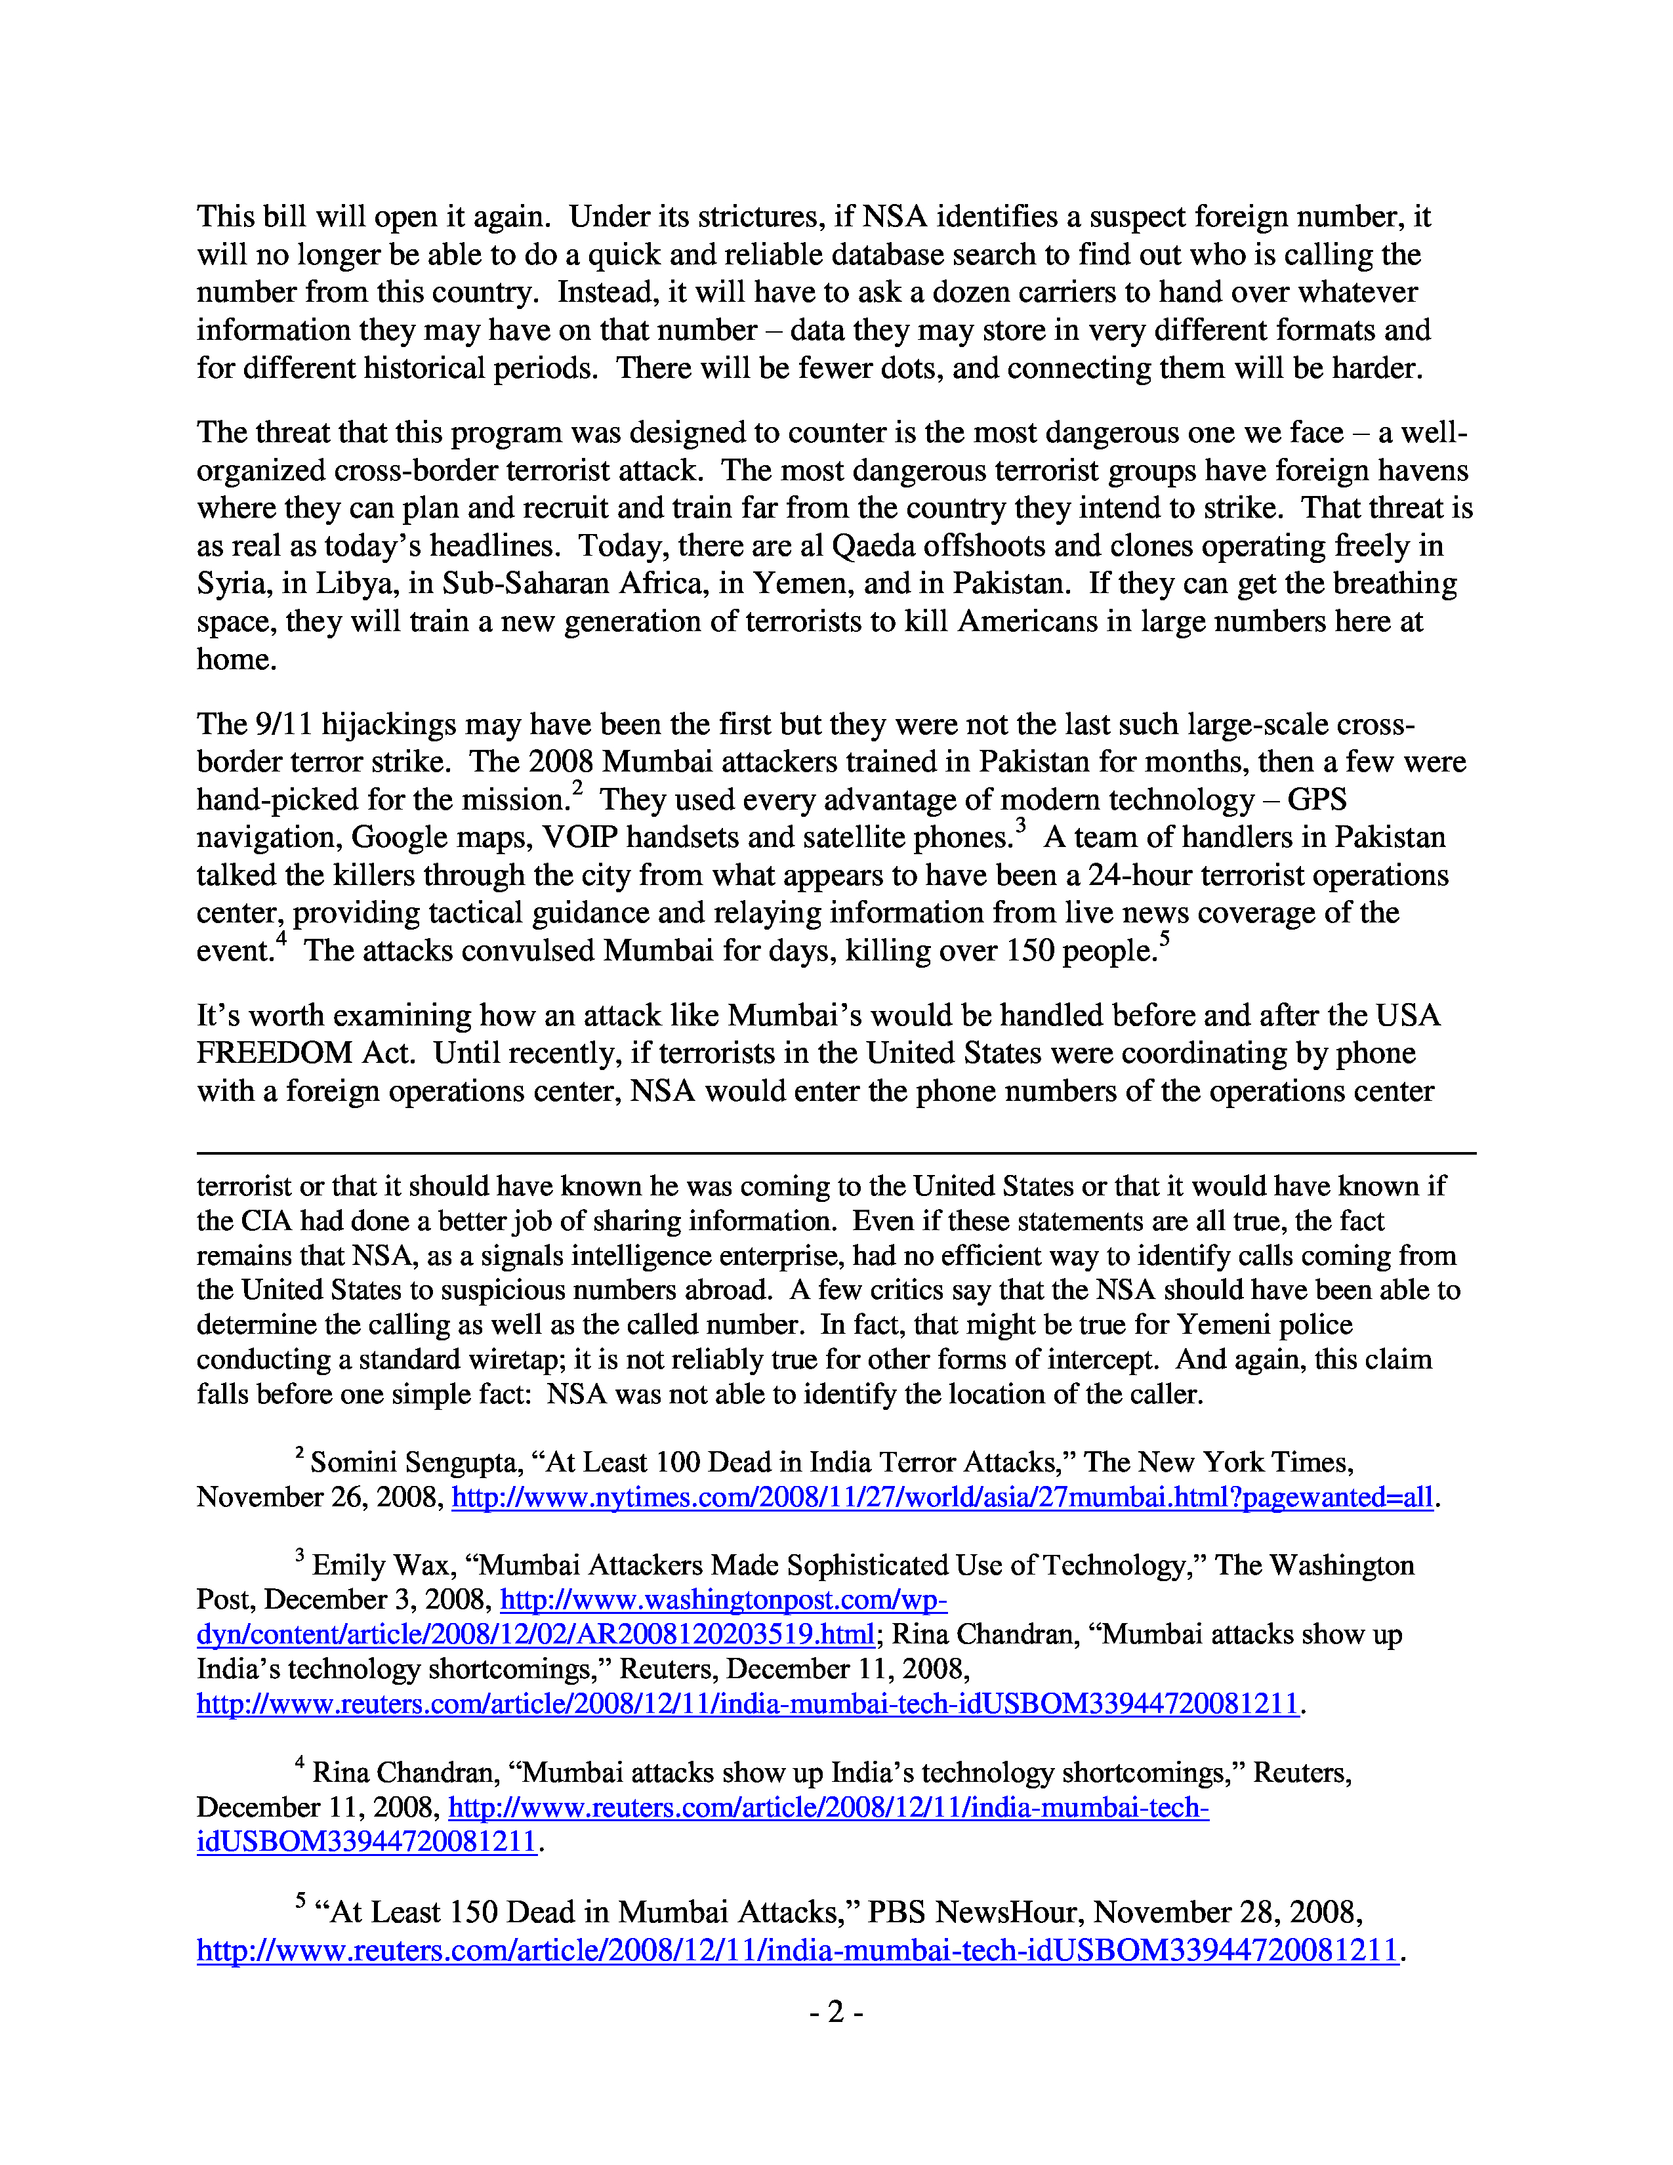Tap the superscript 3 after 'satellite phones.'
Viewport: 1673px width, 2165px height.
pos(1020,827)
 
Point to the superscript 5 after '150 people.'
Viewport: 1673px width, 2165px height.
pos(1166,939)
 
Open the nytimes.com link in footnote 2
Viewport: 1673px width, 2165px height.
pos(941,1497)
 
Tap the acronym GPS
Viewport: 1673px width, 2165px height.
pos(1317,800)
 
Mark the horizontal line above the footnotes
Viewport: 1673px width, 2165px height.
pos(835,1153)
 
